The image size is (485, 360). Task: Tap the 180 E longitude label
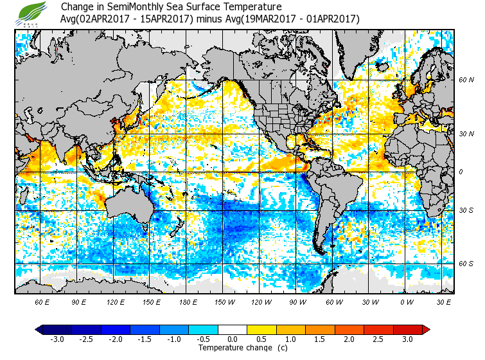click(188, 301)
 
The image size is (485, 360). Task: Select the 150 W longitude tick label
click(224, 301)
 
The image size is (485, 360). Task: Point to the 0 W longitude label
click(406, 301)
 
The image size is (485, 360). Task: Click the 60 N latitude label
click(466, 80)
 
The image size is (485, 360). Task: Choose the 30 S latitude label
click(466, 210)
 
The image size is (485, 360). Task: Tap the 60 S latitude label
click(466, 263)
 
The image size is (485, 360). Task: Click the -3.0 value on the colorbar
click(57, 339)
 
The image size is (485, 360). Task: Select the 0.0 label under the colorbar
click(232, 339)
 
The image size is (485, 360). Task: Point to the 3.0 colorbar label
click(407, 339)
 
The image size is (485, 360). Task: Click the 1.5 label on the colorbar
click(320, 339)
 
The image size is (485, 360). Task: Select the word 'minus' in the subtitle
click(211, 19)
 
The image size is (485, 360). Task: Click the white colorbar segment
click(232, 329)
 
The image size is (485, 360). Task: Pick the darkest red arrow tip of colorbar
click(426, 329)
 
